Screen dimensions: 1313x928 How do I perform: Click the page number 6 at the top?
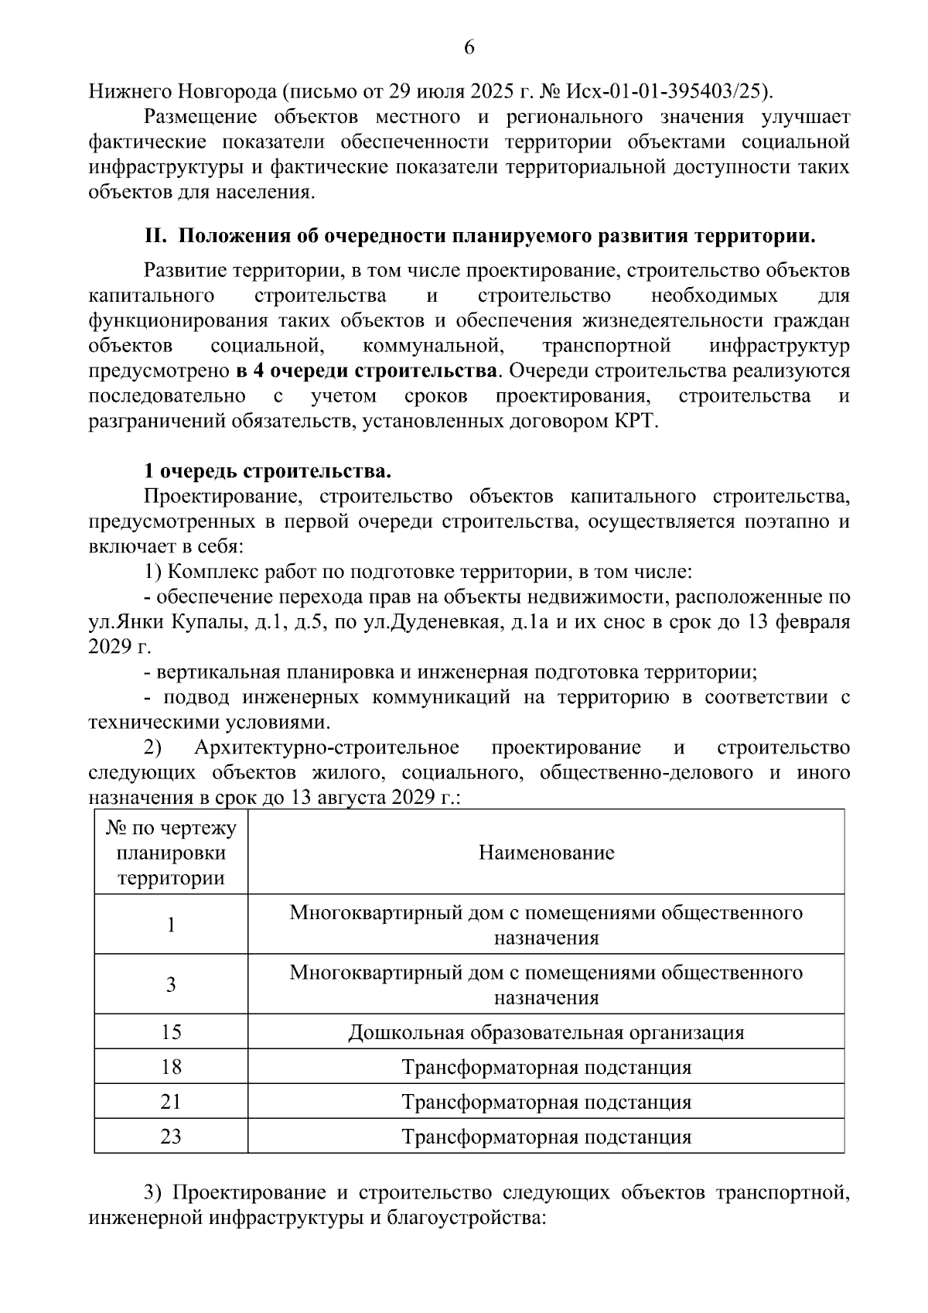click(x=469, y=48)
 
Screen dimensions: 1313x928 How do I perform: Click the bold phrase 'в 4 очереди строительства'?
click(x=366, y=371)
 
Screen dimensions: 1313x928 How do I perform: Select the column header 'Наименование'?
click(x=546, y=853)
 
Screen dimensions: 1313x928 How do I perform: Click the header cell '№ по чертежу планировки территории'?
click(x=171, y=853)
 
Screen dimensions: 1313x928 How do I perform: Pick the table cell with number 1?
click(x=171, y=925)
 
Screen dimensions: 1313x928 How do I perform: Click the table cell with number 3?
click(x=171, y=984)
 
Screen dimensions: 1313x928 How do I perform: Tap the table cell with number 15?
click(x=171, y=1032)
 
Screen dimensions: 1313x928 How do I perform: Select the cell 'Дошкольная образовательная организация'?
click(x=546, y=1032)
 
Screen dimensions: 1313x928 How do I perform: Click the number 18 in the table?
click(x=171, y=1067)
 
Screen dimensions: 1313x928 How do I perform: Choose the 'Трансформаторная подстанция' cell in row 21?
click(x=546, y=1102)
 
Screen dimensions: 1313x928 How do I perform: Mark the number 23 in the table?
click(x=171, y=1137)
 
